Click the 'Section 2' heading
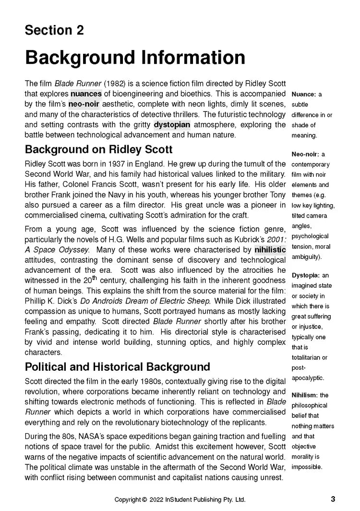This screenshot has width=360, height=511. pos(54,30)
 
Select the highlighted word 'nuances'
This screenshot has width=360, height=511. pos(86,94)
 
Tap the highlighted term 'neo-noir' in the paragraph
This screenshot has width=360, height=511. pos(84,104)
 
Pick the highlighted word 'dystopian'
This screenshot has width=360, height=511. pos(172,124)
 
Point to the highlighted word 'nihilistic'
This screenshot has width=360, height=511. pos(270,250)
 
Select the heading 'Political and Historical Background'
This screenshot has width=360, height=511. pos(117,367)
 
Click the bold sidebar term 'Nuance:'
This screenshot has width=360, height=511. pos(303,94)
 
